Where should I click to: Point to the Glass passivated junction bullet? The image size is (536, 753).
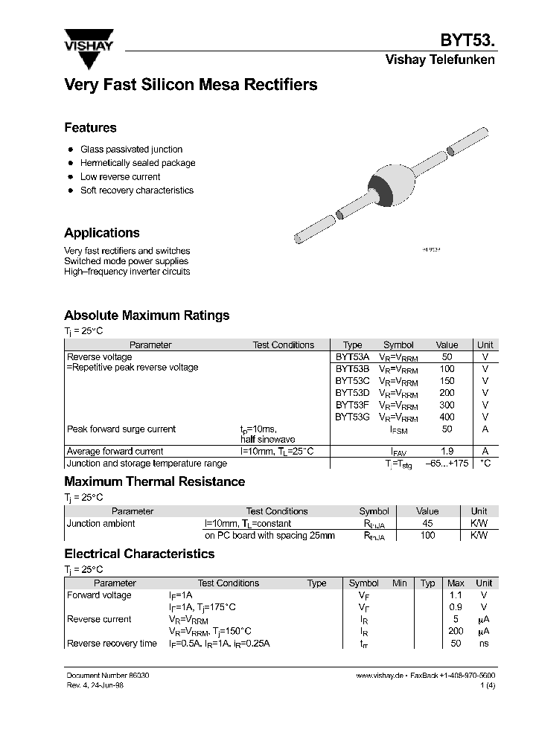point(131,150)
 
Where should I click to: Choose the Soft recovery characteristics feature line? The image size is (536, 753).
point(136,190)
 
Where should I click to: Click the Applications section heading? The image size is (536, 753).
point(101,233)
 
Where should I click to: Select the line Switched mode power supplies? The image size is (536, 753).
point(126,261)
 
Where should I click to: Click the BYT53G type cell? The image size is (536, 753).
point(352,417)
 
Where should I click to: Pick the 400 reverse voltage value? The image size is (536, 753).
point(447,417)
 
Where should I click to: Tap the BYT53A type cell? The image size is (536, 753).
point(352,357)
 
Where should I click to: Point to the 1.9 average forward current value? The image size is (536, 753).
point(447,452)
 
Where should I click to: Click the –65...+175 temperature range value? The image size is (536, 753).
point(447,464)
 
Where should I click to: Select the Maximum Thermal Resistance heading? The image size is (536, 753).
point(154,481)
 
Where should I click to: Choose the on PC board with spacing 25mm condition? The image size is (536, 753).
point(269,536)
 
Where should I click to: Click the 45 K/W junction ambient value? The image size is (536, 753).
point(427,524)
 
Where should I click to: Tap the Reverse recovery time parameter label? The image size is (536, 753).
point(112,644)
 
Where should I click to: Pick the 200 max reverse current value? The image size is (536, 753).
point(456,632)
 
